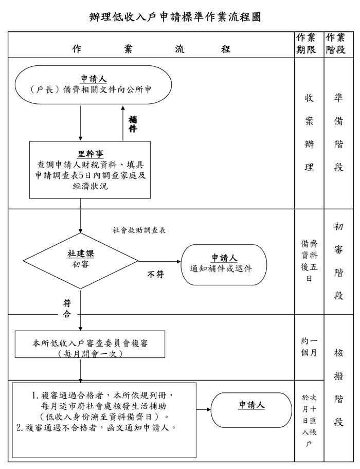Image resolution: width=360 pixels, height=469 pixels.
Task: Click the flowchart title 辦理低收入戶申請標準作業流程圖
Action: click(175, 17)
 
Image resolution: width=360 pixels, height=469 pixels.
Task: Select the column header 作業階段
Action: click(336, 44)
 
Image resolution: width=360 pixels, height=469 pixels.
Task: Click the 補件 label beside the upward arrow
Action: click(133, 124)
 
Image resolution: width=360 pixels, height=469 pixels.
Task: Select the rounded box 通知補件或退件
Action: click(224, 264)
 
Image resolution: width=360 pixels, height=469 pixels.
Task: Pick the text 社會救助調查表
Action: click(139, 230)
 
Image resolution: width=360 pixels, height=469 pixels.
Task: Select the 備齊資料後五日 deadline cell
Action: click(309, 261)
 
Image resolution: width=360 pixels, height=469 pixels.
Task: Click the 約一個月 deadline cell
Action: click(309, 347)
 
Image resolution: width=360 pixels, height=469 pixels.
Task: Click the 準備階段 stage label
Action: click(338, 132)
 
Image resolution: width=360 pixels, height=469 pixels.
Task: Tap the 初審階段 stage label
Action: click(338, 261)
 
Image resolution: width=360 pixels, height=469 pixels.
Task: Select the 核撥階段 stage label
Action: click(338, 388)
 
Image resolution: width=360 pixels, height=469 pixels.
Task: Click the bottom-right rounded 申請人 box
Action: click(251, 409)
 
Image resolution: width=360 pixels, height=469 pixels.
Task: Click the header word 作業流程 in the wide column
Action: click(151, 49)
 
